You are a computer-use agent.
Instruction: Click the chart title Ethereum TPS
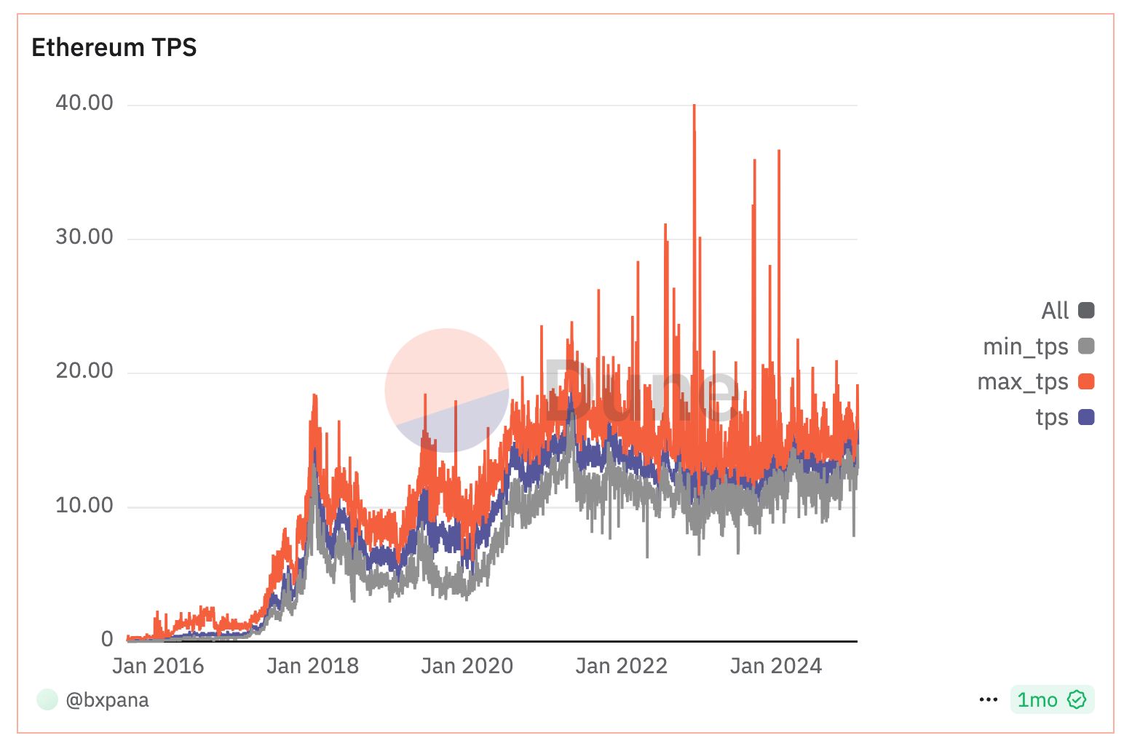(x=114, y=47)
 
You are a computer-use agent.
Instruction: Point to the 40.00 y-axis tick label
(x=84, y=103)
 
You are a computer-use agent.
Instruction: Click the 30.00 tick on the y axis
(x=84, y=237)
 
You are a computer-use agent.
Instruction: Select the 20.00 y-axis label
(x=84, y=370)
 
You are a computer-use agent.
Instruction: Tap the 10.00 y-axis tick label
(x=84, y=505)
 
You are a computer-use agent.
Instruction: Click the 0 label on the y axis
(x=107, y=639)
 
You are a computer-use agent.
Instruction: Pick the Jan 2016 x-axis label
(x=158, y=666)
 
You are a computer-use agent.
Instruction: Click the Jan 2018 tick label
(x=312, y=666)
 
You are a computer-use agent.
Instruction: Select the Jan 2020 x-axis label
(x=467, y=666)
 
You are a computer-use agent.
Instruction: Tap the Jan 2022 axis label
(x=621, y=666)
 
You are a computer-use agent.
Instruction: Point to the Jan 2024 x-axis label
(x=775, y=666)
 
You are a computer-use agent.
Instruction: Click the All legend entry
(x=1055, y=311)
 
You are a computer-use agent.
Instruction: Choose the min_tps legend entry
(x=1026, y=346)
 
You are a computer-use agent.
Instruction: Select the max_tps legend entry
(x=1023, y=381)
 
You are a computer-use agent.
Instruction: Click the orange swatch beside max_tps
(x=1086, y=381)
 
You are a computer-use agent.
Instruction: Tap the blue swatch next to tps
(x=1086, y=417)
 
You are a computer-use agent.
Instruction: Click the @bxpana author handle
(x=107, y=700)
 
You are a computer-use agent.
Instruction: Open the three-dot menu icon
(x=989, y=700)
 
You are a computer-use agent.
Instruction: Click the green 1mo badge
(x=1051, y=700)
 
